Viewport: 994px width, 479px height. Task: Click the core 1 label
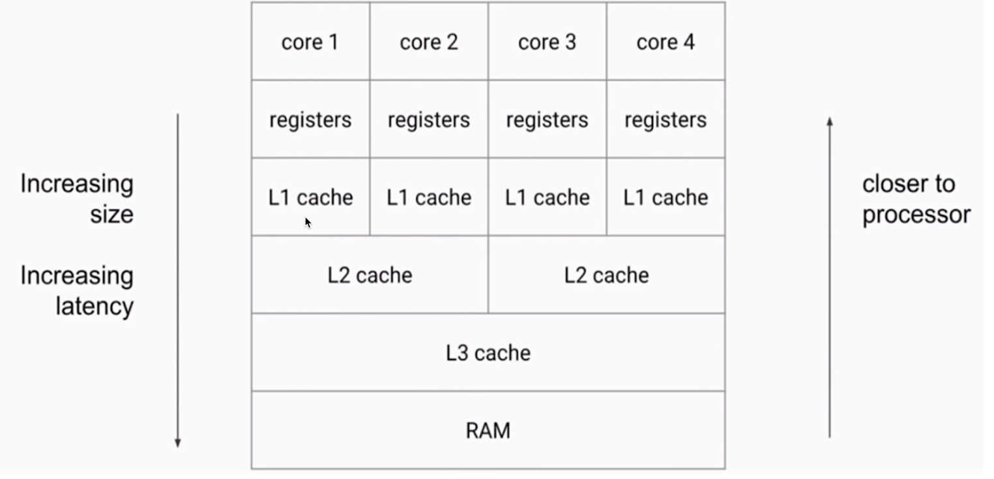coord(310,42)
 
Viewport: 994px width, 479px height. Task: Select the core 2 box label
coord(429,42)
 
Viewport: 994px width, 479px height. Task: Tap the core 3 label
coord(547,42)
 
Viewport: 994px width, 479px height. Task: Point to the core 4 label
coord(665,42)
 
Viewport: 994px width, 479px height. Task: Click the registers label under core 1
coord(310,120)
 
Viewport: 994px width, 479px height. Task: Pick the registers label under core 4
coord(665,120)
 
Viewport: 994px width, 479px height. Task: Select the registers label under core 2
coord(429,120)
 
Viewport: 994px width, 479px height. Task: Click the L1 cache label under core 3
coord(547,198)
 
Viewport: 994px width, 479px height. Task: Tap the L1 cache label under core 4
coord(665,198)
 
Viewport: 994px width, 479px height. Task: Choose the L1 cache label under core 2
coord(429,198)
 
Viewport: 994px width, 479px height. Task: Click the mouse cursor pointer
coord(308,223)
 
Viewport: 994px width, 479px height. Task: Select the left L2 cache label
coord(370,275)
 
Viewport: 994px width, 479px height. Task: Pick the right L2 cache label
coord(607,275)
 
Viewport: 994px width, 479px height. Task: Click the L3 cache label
coord(488,353)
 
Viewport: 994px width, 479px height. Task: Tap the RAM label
coord(488,431)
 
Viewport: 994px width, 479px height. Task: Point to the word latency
coord(95,306)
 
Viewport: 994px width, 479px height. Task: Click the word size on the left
coord(112,215)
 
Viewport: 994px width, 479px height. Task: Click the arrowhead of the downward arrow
coord(177,443)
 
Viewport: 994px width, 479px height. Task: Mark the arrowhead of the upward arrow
coord(830,122)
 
